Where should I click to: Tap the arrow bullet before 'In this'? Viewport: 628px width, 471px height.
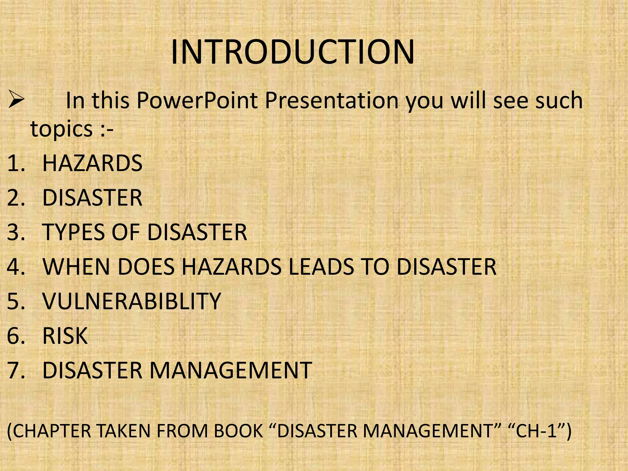pos(16,100)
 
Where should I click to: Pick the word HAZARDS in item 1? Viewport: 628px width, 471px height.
pos(92,163)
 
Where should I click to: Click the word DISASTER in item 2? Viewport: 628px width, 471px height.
pos(92,198)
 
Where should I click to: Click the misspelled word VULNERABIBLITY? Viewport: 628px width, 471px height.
pos(132,301)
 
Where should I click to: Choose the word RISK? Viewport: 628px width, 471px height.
pos(65,336)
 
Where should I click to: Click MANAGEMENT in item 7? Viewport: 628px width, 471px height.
pos(230,370)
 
